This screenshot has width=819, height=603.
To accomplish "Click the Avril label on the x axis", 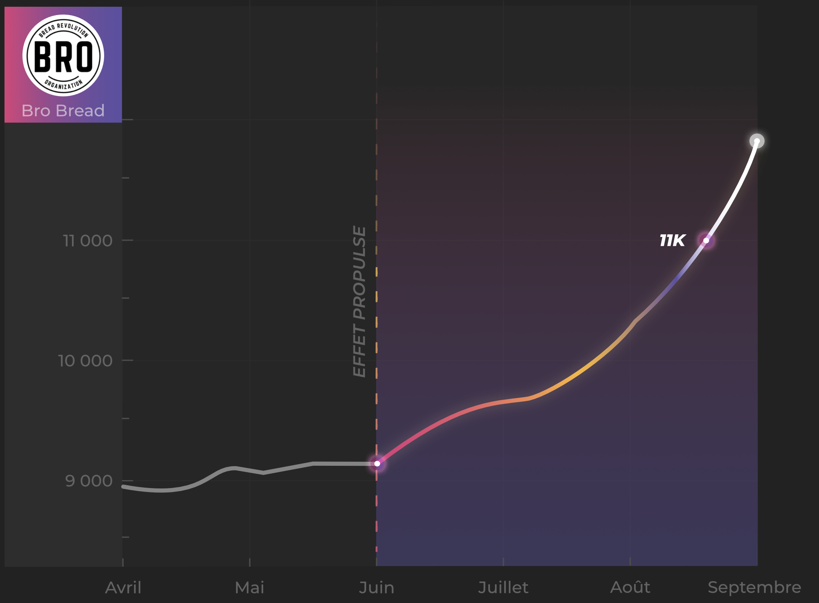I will [x=123, y=587].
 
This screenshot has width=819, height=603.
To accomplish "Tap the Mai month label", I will [x=250, y=587].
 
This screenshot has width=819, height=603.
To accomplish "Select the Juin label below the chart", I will [x=377, y=587].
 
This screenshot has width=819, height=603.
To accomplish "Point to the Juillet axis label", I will [x=503, y=587].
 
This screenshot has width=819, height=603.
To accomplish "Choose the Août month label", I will [x=630, y=587].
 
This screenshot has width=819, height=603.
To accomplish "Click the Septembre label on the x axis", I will [x=754, y=587].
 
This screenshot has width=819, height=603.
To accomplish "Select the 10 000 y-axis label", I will [x=85, y=361].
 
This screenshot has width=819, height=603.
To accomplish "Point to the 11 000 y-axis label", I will [x=88, y=241].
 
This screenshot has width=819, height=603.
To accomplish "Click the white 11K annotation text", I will [x=672, y=241].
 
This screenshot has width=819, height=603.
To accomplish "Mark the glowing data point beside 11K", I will [x=706, y=241].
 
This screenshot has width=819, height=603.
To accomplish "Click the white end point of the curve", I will [x=757, y=141].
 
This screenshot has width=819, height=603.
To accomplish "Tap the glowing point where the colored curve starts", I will [x=377, y=463].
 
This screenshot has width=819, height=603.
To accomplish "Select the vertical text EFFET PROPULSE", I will [x=359, y=301].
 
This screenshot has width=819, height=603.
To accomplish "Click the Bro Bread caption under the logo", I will [x=63, y=111].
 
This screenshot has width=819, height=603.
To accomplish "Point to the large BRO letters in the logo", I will [x=64, y=56].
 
